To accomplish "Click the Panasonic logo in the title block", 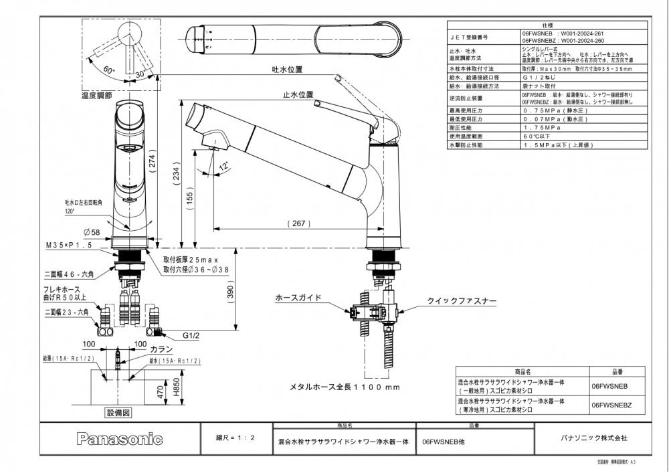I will click(120, 440).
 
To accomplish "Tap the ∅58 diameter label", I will click(92, 231).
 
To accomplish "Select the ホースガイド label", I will click(299, 297).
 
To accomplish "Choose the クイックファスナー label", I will click(462, 302).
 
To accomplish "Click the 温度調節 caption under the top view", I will click(96, 96).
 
